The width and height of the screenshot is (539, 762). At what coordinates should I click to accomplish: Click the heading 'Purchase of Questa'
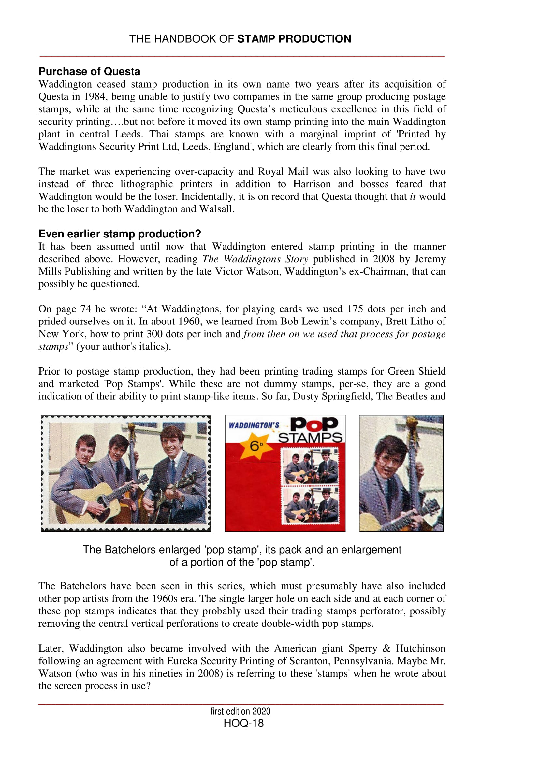[x=89, y=72]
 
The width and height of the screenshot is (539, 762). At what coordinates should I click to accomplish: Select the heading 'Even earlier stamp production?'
[x=120, y=234]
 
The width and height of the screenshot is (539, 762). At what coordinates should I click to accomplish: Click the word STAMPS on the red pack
[x=310, y=438]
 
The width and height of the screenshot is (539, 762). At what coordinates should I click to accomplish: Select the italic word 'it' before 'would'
[x=413, y=196]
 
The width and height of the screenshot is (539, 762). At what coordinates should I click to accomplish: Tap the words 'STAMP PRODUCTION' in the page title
[x=294, y=39]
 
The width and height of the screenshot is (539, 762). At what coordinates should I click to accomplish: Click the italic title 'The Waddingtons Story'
[x=255, y=259]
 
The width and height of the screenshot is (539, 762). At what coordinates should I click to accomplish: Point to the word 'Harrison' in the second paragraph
[x=312, y=184]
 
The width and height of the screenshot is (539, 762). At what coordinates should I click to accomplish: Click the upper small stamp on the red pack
[x=310, y=466]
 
